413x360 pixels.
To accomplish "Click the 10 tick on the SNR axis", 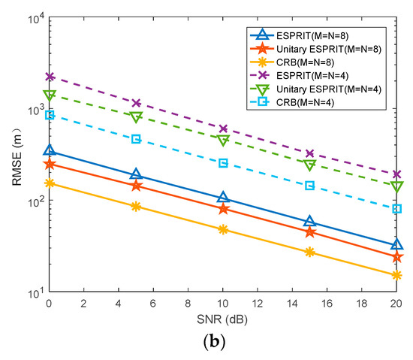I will pos(223,303).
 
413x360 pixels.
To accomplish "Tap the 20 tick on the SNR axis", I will pos(396,303).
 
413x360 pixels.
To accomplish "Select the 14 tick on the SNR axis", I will pos(292,303).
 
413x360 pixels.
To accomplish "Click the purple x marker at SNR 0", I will pos(50,77).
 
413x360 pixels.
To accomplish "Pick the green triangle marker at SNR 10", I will pos(223,141).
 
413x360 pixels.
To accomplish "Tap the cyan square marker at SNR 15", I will pos(309,185).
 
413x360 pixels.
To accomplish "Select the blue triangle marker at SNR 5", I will pos(136,174).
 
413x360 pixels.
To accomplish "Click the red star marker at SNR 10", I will pos(223,209).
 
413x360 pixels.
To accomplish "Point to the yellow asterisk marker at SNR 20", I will pos(396,275).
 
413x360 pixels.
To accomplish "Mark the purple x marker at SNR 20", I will pos(396,174).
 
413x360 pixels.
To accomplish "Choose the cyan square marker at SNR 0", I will pos(50,115).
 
